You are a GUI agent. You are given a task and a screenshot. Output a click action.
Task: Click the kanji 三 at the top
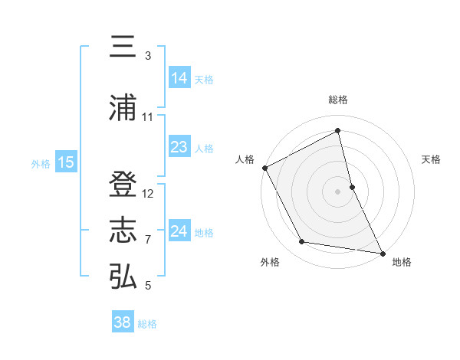(123, 47)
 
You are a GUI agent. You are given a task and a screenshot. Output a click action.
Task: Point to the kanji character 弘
(123, 277)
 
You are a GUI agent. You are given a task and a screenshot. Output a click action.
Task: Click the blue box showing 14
(179, 77)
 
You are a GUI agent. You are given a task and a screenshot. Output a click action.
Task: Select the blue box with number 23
(179, 146)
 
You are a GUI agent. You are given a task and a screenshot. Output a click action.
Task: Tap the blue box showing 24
(179, 231)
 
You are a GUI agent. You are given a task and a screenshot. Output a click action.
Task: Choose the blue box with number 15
(65, 162)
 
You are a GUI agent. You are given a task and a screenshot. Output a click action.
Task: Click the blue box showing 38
(123, 322)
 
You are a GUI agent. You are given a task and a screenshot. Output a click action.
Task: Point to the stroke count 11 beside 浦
(148, 117)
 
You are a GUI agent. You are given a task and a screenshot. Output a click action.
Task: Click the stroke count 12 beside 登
(148, 194)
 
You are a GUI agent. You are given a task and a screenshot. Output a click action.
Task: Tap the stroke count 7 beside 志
(148, 240)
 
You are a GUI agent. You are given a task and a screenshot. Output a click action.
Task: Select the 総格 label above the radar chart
(338, 100)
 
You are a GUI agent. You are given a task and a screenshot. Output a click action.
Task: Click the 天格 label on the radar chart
(432, 159)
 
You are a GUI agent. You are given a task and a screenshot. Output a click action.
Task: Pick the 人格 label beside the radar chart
(245, 159)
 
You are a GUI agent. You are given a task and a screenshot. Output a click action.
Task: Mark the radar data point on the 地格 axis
(382, 253)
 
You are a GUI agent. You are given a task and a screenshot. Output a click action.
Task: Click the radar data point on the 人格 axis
(264, 168)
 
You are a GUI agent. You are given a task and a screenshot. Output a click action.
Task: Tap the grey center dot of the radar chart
(338, 191)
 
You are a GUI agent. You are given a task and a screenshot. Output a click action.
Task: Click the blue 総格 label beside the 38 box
(147, 324)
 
